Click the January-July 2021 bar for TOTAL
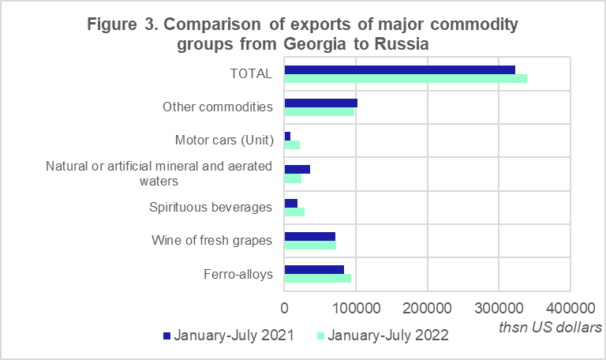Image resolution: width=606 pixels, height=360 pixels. pyautogui.click(x=399, y=69)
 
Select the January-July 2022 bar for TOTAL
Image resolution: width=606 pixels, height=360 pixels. pyautogui.click(x=406, y=78)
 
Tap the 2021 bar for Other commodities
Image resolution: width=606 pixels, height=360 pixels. pyautogui.click(x=320, y=103)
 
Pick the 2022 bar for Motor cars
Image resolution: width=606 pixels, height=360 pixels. pyautogui.click(x=292, y=144)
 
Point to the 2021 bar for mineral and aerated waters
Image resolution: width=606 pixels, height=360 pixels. pyautogui.click(x=297, y=169)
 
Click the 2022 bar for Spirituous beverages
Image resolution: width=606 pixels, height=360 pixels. pyautogui.click(x=294, y=212)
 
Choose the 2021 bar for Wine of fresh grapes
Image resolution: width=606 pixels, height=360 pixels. pyautogui.click(x=309, y=236)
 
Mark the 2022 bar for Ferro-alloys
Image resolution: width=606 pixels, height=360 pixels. pyautogui.click(x=317, y=278)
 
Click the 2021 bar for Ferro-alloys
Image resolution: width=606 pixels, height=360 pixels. pyautogui.click(x=314, y=269)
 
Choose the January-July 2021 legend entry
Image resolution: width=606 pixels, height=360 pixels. pyautogui.click(x=229, y=336)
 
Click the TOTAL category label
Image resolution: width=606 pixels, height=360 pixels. pyautogui.click(x=250, y=74)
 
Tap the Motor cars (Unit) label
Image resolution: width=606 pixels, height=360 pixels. pyautogui.click(x=223, y=141)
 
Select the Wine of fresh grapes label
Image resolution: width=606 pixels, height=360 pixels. pyautogui.click(x=211, y=241)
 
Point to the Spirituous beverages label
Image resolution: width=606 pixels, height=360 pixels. pyautogui.click(x=211, y=208)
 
